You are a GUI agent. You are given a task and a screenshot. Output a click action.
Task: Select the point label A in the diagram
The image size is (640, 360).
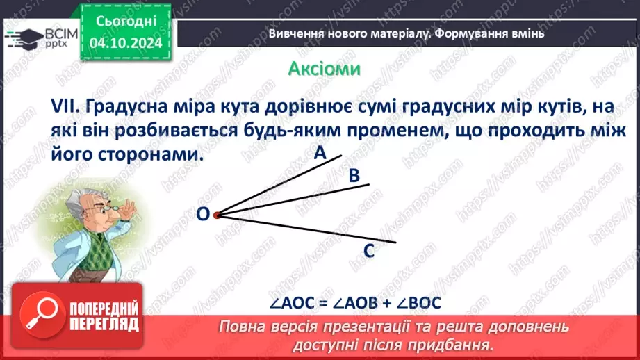320,154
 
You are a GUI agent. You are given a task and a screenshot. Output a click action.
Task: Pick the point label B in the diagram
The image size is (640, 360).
354,177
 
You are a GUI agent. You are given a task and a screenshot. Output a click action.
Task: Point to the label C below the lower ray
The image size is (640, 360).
369,251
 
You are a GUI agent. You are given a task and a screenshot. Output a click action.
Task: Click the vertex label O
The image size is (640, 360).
203,215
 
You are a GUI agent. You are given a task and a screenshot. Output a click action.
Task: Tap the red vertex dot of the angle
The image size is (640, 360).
216,215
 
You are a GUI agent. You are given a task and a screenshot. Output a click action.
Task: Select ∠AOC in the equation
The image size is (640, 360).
291,304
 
